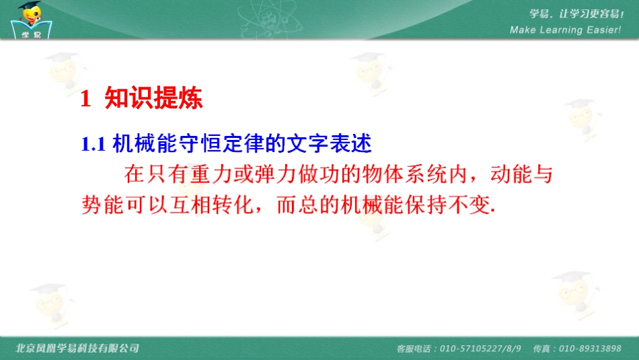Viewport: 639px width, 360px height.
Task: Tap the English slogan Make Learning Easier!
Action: point(565,30)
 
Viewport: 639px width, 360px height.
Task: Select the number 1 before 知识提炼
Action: point(85,100)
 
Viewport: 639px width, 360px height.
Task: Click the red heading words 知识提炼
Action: point(153,99)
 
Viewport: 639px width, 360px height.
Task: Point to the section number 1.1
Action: point(93,144)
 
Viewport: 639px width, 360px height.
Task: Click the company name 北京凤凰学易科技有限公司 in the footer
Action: point(77,348)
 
